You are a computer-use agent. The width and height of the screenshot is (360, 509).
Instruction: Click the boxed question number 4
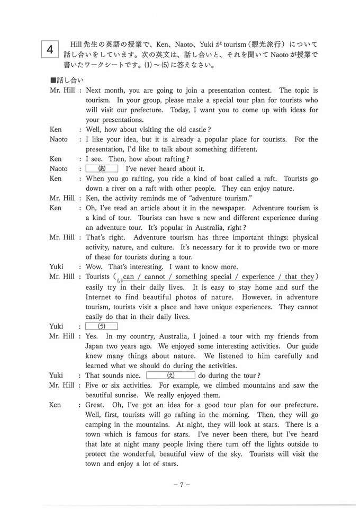click(x=49, y=50)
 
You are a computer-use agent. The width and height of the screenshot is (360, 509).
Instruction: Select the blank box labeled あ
click(x=102, y=168)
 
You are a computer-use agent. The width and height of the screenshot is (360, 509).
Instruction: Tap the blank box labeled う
click(x=102, y=326)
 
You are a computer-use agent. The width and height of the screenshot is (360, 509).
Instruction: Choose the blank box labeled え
click(x=170, y=375)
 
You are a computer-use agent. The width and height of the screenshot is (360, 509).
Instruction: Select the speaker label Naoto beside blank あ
click(x=59, y=168)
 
